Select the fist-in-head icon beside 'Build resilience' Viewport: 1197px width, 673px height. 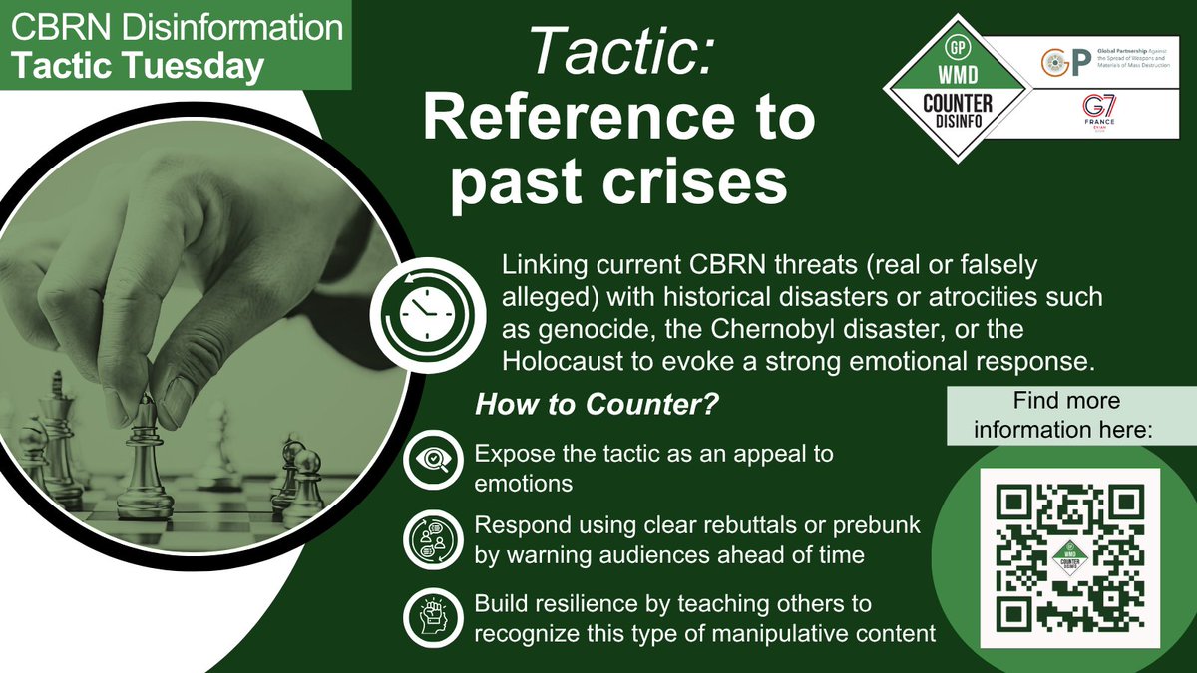click(x=431, y=618)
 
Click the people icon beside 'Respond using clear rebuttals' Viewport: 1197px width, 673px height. click(x=431, y=541)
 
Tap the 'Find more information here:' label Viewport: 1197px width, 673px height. click(x=1066, y=416)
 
